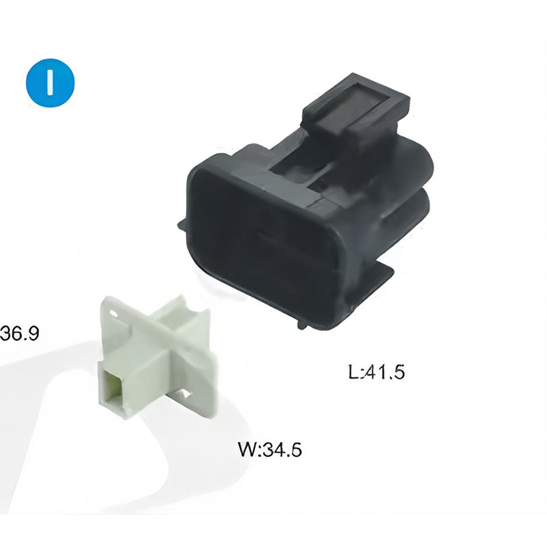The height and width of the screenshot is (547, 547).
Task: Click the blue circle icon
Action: [x=50, y=83]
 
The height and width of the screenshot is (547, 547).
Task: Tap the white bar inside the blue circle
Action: [x=51, y=83]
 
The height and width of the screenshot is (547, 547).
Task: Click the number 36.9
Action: [x=20, y=333]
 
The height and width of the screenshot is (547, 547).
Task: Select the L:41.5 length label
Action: [x=377, y=371]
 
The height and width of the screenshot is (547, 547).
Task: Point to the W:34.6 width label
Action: [x=270, y=449]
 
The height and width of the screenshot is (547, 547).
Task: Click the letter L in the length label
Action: [x=353, y=371]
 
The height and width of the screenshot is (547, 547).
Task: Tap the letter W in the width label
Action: [x=248, y=449]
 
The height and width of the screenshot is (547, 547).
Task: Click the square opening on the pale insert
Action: [x=114, y=386]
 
